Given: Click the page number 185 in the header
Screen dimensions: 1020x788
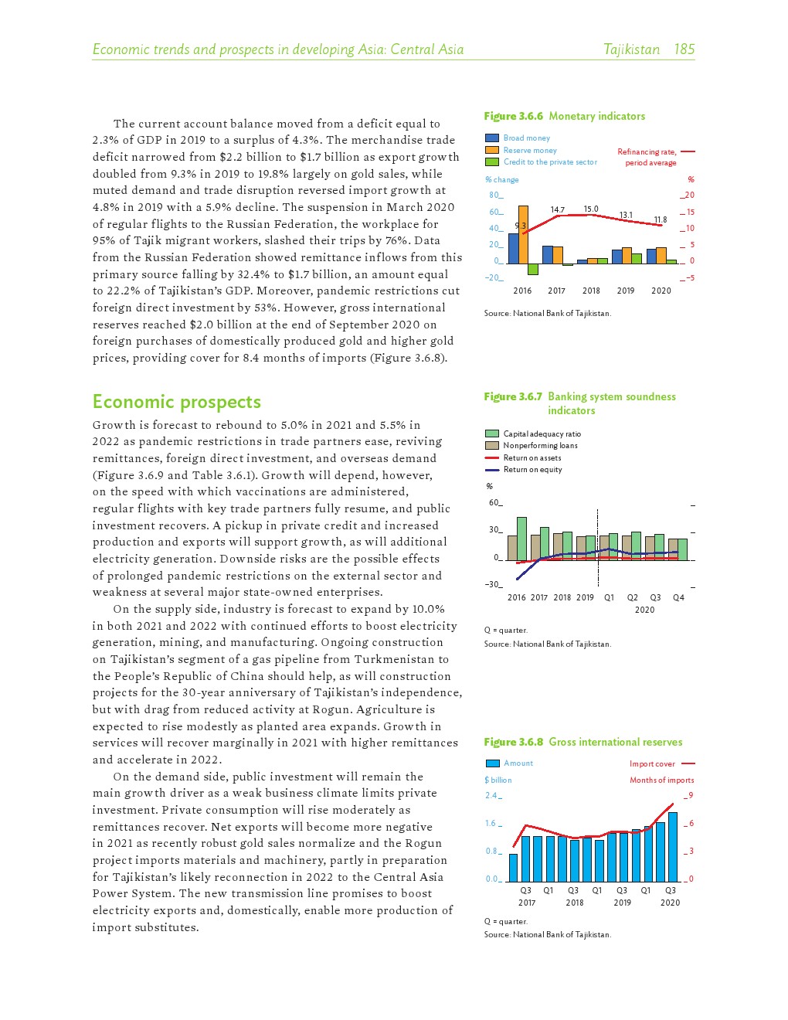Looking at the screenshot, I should pos(684,49).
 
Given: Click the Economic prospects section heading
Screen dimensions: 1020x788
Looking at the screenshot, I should pos(177,402).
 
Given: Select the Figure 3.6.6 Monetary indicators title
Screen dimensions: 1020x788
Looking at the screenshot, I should pos(565,116).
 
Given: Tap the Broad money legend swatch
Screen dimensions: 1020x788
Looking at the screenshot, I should pos(492,138).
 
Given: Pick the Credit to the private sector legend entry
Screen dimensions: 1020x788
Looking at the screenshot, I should pos(550,162).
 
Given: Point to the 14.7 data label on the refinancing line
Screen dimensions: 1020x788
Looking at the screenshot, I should pos(557,209).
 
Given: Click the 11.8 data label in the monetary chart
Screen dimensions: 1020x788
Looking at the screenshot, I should pos(660,220).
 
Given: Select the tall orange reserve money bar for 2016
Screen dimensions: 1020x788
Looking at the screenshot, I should pos(523,234).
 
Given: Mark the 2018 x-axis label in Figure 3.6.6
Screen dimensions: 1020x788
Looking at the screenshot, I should pos(591,291).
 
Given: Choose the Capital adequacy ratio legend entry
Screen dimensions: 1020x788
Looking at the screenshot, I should pos(542,434).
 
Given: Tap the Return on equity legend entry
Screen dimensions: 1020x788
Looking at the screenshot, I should pos(532,470).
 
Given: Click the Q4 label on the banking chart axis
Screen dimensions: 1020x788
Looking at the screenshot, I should pos(678,598).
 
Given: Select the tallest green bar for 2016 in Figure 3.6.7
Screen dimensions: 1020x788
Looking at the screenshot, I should pos(521,539).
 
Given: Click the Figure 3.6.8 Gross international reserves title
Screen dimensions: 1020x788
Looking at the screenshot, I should pos(583,742).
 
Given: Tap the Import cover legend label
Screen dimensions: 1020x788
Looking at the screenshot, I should pos(652,764).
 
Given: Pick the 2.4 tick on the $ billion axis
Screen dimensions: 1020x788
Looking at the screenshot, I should pos(492,796).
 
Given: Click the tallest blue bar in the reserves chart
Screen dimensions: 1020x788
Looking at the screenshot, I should pos(673,847).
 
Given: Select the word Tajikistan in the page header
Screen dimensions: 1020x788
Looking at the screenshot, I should pos(631,49).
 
